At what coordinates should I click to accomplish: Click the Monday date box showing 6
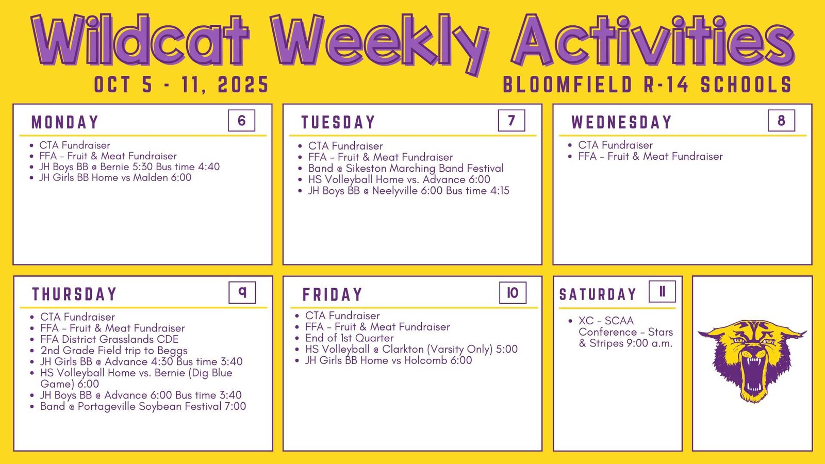[242, 121]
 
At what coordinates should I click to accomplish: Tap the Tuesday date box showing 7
[511, 121]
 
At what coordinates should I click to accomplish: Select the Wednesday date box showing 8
[782, 121]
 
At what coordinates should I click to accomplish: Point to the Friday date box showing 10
[513, 293]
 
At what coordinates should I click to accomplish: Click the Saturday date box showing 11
[662, 292]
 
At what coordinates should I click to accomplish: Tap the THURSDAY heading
[74, 294]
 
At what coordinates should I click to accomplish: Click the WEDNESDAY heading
[622, 122]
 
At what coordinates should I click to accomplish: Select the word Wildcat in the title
[140, 41]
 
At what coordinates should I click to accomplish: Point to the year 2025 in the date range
[243, 85]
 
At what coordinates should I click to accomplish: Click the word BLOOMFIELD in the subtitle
[568, 85]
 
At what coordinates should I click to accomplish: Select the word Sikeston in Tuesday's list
[366, 168]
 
